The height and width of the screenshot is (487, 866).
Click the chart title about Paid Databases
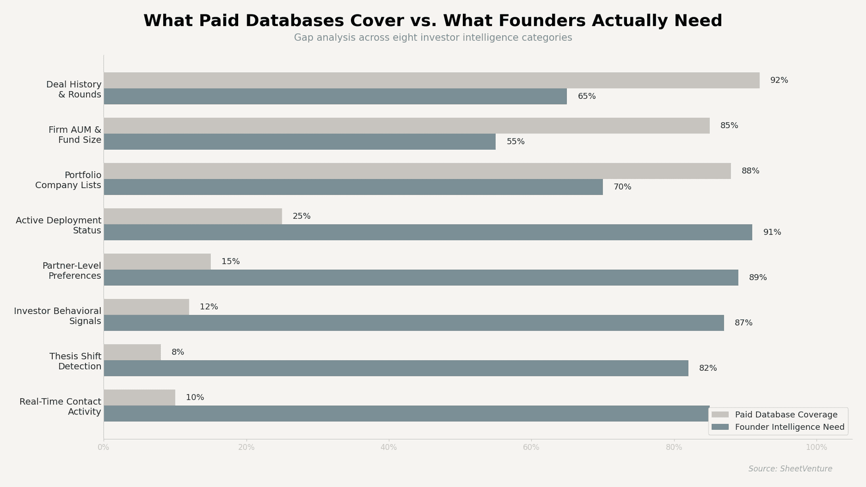433,21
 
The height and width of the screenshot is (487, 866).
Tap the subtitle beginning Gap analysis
433,38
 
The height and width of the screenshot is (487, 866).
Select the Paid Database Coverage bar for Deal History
431,80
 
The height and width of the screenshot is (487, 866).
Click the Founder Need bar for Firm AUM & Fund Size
299,142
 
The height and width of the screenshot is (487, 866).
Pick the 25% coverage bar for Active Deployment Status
193,216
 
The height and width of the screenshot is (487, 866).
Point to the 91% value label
772,232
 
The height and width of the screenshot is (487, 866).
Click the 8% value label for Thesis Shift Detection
178,352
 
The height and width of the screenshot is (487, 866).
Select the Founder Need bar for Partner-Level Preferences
421,278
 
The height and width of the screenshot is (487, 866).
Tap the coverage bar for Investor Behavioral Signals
146,307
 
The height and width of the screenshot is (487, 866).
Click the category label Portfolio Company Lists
68,180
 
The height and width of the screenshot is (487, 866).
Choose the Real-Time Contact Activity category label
60,407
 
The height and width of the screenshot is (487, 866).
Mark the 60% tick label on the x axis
531,448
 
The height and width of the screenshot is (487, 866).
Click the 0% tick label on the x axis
103,448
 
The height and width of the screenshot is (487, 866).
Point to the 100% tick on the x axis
816,448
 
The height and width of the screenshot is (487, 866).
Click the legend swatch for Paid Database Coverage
720,415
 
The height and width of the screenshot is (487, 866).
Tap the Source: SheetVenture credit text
790,469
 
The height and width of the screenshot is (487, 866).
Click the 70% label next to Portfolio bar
622,187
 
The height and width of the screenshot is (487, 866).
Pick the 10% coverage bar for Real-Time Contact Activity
139,398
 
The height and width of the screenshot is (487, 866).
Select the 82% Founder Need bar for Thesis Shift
396,368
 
